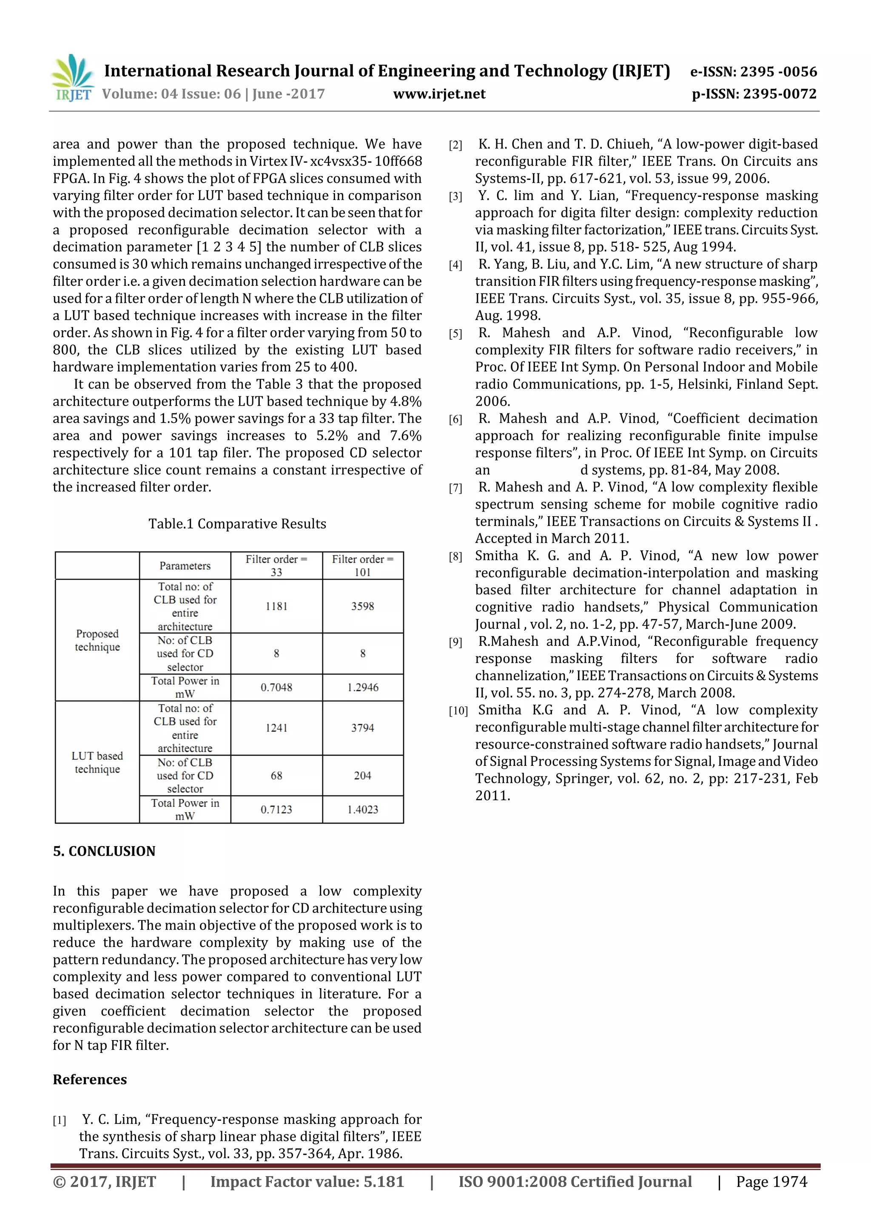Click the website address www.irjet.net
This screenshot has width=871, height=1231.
click(439, 94)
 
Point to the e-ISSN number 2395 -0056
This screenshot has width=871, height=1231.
click(753, 72)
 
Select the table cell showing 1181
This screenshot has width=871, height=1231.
click(276, 606)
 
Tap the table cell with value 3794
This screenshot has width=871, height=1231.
click(362, 728)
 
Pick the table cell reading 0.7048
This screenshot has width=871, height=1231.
click(276, 687)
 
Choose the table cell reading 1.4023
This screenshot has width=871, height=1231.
click(362, 810)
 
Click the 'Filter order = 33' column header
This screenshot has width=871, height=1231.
click(276, 566)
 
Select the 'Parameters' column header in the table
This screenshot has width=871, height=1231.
click(185, 566)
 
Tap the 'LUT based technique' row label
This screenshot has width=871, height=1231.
click(97, 762)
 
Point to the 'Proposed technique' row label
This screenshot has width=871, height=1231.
click(97, 640)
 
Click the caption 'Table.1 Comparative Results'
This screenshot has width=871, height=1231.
click(237, 524)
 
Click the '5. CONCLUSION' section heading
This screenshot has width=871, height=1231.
click(104, 851)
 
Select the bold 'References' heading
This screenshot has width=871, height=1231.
click(90, 1079)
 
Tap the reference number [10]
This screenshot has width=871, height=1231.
click(458, 711)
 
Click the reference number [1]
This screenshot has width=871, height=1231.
click(60, 1120)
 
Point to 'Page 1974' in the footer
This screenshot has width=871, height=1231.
click(771, 1182)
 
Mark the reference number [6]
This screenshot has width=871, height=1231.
click(455, 419)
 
